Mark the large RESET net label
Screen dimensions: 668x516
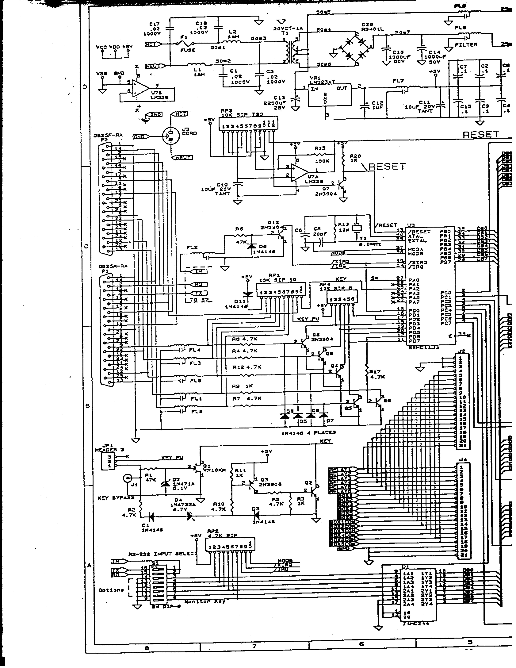[480, 134]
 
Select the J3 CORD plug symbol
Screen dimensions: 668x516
[169, 136]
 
